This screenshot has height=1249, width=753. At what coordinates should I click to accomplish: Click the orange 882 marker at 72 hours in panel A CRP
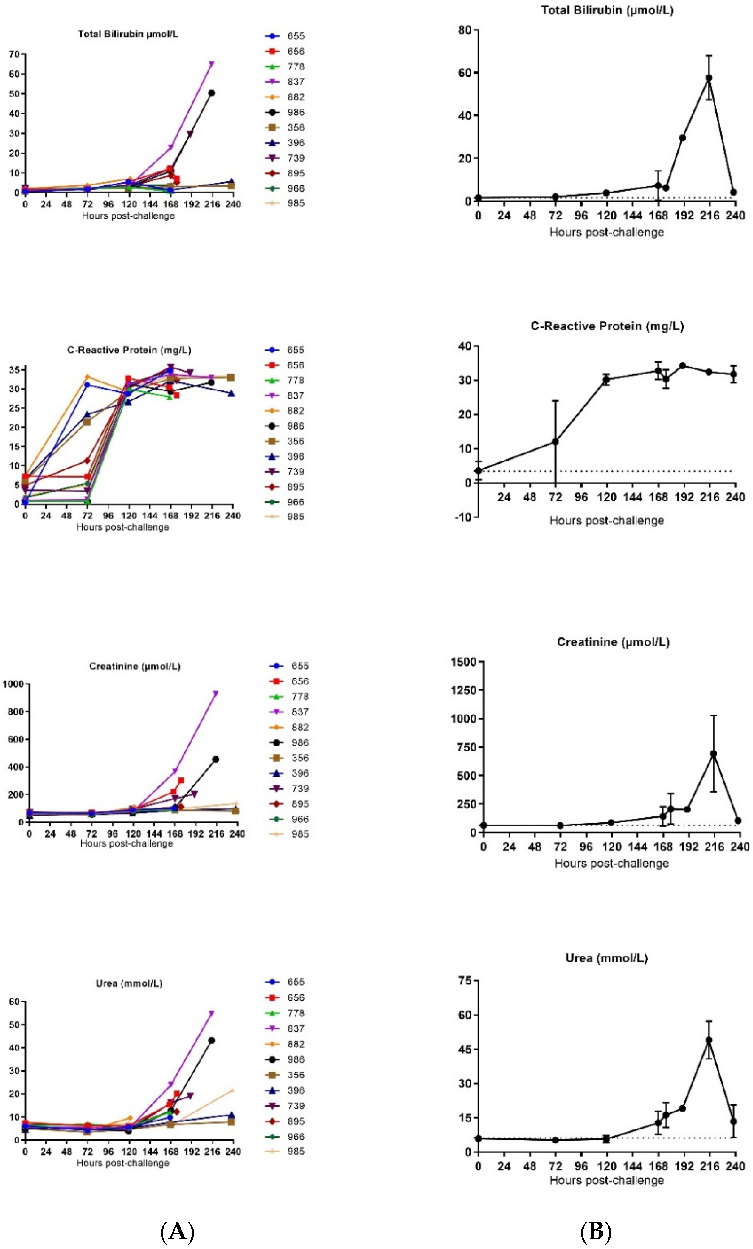pos(87,376)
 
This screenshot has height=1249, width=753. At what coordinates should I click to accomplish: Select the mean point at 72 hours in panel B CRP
pos(555,441)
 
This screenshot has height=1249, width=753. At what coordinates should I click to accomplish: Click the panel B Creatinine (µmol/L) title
pos(613,642)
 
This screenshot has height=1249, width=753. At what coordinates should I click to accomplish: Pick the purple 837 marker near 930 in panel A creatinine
pos(215,693)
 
